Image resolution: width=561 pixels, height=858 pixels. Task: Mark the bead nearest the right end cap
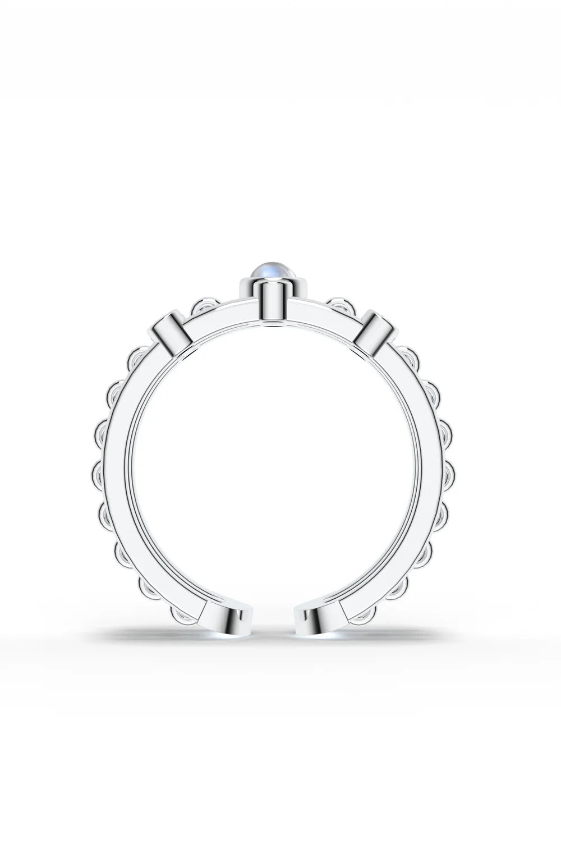[x=364, y=615]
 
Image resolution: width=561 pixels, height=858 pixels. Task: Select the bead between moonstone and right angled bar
[x=342, y=306]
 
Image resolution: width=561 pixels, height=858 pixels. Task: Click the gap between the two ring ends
[x=273, y=617]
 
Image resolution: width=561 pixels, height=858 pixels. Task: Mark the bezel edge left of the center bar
[x=246, y=290]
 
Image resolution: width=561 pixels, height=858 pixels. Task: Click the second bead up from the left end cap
[x=150, y=589]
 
